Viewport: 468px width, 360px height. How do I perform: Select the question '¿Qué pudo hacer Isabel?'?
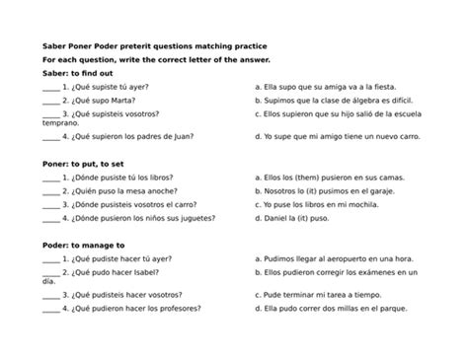pos(117,271)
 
